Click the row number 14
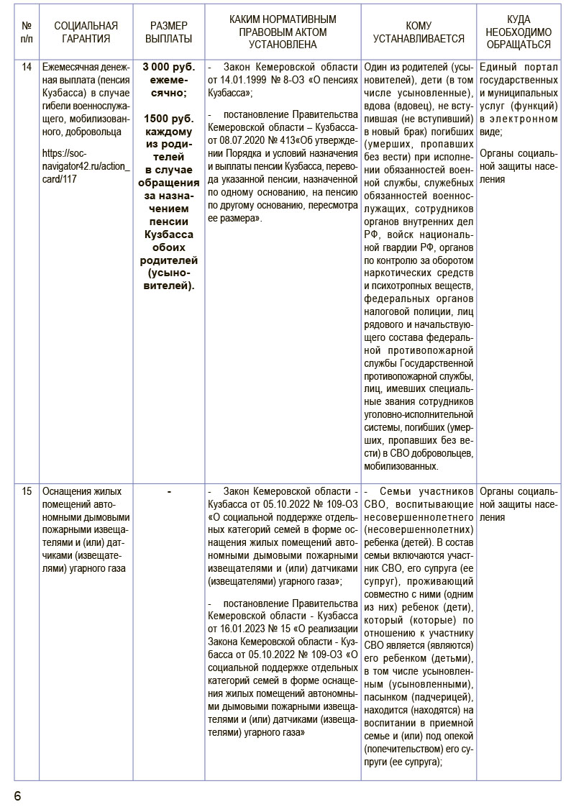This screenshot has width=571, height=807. [x=27, y=68]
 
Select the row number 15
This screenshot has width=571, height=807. [x=27, y=492]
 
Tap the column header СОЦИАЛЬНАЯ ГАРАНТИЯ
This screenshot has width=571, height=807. [x=86, y=32]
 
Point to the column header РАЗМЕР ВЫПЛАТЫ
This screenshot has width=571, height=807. [x=168, y=32]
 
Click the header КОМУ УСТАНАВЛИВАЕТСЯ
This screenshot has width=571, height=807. [x=419, y=32]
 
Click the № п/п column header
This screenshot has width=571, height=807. [x=27, y=32]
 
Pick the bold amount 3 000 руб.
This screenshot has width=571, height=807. [x=168, y=68]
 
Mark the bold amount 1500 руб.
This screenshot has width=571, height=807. [x=168, y=119]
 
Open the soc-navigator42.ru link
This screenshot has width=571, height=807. [x=86, y=165]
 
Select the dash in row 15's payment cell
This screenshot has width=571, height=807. [x=168, y=492]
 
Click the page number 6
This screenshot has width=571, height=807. [x=17, y=795]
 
